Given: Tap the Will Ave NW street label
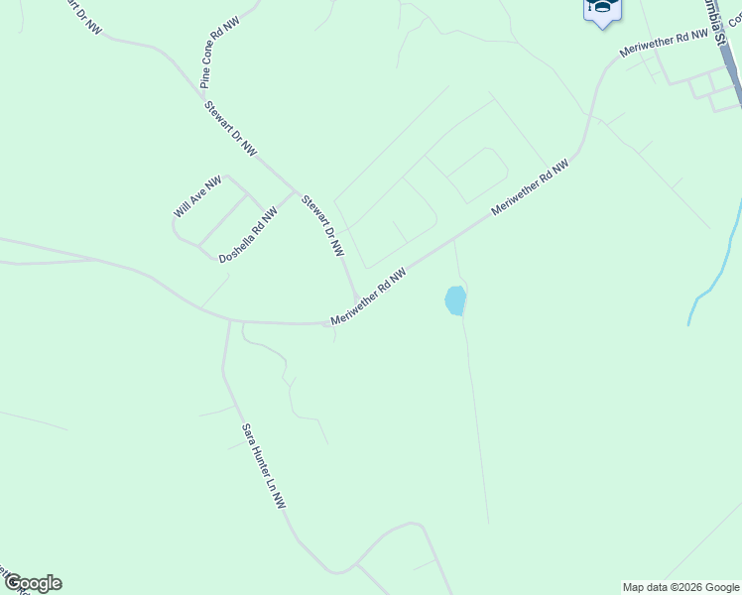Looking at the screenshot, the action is coord(196,197).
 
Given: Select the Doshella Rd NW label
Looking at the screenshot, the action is coord(248,235).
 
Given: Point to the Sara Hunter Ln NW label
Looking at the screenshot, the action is coord(264,467).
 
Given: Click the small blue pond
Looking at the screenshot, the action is coord(455,300).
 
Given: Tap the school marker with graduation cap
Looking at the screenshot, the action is coord(601,10).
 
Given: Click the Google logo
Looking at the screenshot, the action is coord(32,583).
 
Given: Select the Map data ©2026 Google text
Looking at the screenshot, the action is coord(681,587).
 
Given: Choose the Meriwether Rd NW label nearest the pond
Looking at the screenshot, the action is coord(369,296).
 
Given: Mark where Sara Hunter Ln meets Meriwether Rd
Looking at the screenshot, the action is coord(230,320).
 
